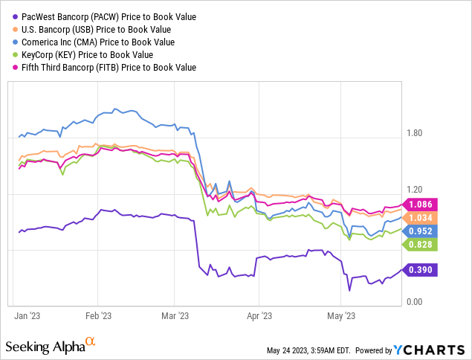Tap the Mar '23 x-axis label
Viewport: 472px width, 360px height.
pos(174,315)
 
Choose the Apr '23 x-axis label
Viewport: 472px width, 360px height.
pos(258,315)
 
